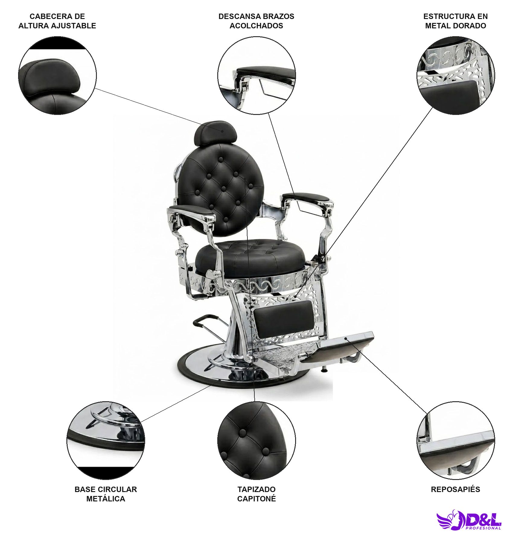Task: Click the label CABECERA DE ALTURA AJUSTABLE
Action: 57,21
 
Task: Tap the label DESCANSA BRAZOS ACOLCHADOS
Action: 256,21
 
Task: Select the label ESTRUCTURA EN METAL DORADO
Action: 455,21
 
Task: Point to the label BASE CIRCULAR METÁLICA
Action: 106,494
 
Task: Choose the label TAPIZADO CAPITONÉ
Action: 256,494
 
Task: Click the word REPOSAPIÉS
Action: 455,489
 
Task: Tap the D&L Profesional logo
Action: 469,520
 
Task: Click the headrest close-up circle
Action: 57,75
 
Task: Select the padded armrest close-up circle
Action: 256,75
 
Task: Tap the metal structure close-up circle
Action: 456,75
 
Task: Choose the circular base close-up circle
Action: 106,440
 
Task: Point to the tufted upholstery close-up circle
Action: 256,440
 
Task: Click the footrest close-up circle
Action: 456,440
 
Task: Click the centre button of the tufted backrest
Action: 224,189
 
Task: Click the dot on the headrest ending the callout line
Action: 222,131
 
